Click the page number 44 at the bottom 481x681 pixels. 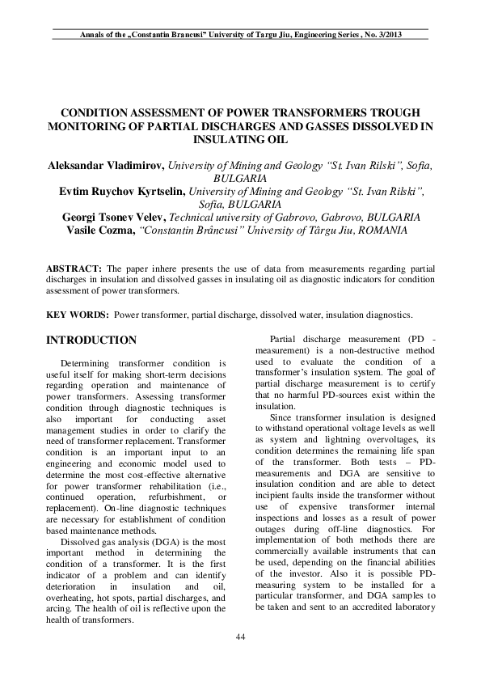240,637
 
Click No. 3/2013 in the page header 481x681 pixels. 378,36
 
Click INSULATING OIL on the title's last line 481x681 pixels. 240,138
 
